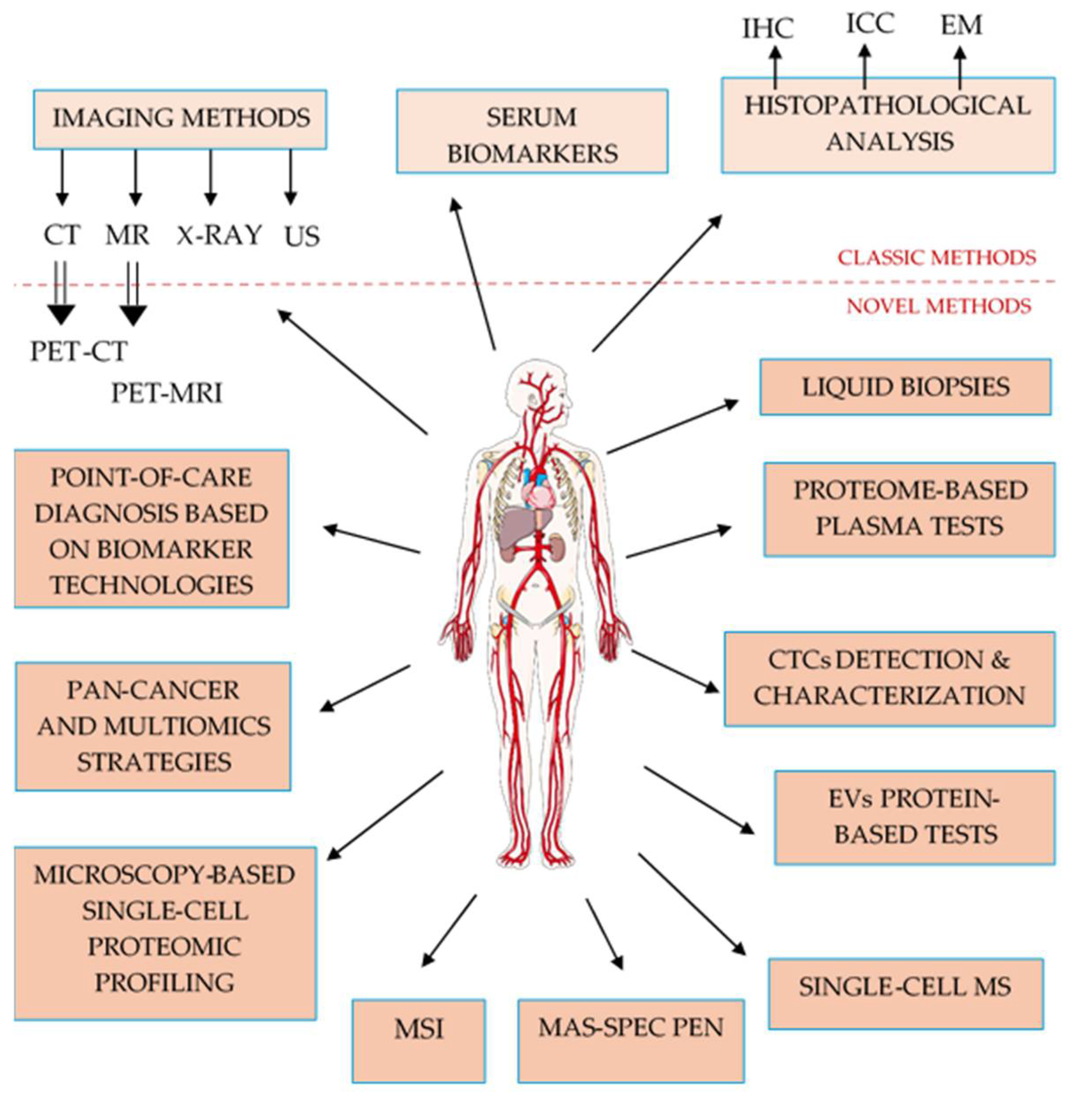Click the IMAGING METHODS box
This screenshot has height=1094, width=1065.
pos(180,119)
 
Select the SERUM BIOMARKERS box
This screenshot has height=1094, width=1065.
pos(532,131)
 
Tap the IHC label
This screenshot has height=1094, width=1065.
pos(768,28)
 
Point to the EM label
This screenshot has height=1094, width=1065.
pos(961,25)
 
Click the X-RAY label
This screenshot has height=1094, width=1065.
pos(219,235)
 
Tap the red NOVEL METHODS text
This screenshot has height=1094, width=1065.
pos(938,306)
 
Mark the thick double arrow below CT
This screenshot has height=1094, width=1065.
pos(61,294)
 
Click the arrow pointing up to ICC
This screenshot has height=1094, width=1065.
pos(865,67)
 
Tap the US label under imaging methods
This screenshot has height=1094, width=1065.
pos(301,236)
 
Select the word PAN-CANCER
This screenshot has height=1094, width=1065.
pos(153,690)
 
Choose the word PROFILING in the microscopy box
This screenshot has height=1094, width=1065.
pos(165,982)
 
